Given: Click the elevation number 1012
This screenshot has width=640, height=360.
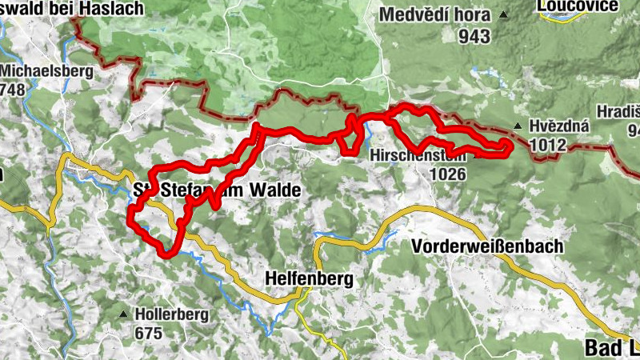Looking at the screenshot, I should (x=547, y=146).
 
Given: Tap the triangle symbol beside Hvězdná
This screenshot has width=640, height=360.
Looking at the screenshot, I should (x=519, y=126).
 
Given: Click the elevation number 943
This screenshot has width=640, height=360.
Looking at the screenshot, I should (x=475, y=35).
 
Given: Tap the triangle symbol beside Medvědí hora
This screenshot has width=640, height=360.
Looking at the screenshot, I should (x=503, y=14).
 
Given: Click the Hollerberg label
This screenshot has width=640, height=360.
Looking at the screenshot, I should (x=172, y=314).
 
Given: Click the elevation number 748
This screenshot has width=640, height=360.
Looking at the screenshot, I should (x=14, y=90).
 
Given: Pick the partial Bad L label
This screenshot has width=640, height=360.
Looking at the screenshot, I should (x=607, y=348).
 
